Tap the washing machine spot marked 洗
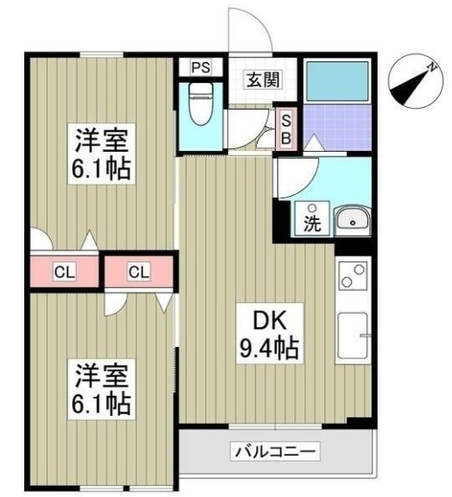pyautogui.click(x=311, y=220)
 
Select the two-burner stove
pyautogui.click(x=352, y=276)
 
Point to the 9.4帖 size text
pyautogui.click(x=270, y=349)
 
